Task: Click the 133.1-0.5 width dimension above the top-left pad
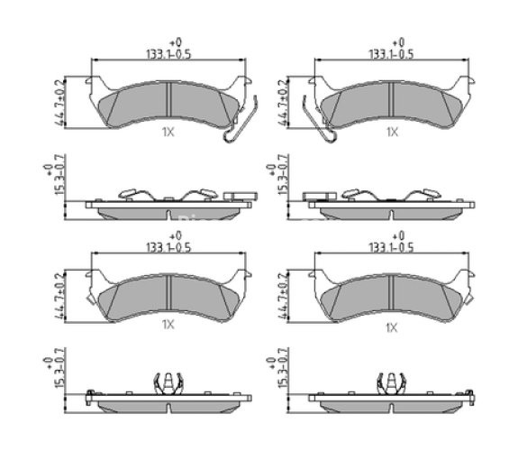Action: (x=168, y=53)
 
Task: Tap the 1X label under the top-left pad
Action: (x=168, y=132)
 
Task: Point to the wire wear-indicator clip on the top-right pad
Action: (x=319, y=120)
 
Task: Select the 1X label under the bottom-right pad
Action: (x=392, y=327)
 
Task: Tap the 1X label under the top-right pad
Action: (x=392, y=132)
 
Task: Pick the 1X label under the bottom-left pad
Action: (x=168, y=325)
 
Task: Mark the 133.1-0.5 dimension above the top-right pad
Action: (x=392, y=53)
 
